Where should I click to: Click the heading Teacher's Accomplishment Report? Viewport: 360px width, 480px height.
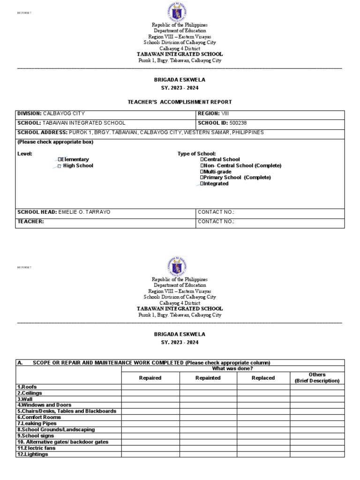click(180, 102)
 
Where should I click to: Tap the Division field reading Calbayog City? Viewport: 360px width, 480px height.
click(64, 113)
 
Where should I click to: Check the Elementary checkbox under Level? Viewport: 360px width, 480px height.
click(60, 160)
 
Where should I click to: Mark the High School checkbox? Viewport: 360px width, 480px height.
click(60, 166)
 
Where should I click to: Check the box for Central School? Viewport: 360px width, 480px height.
click(202, 160)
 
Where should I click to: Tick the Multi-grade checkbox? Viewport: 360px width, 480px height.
click(202, 172)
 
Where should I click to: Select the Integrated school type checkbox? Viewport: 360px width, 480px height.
click(202, 184)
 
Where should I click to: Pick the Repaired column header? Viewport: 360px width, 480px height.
click(150, 378)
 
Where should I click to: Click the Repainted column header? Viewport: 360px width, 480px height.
click(208, 378)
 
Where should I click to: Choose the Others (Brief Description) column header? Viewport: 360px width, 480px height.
click(316, 378)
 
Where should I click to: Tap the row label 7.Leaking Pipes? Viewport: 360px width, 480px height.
click(37, 423)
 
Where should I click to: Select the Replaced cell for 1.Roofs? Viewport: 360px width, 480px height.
click(263, 387)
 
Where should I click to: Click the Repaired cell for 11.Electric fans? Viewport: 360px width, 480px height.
click(150, 448)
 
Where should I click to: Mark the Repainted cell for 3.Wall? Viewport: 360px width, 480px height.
click(208, 399)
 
